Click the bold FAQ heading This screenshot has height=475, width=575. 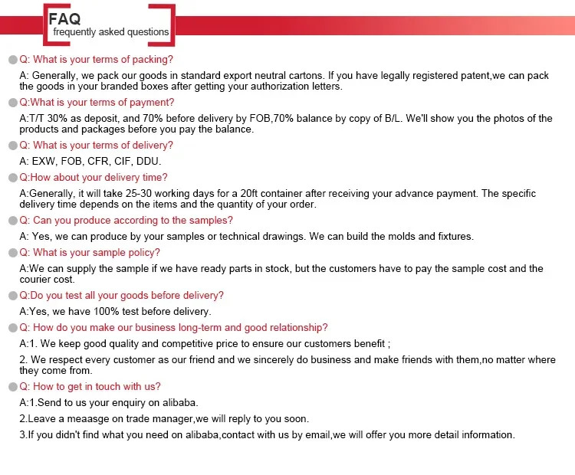tap(64, 18)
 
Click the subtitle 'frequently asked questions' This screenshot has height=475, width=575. tap(110, 32)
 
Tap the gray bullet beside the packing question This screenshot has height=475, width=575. tap(12, 60)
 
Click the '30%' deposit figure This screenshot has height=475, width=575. tap(64, 119)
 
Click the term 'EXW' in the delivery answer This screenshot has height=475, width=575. tap(44, 162)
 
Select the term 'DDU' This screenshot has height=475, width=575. tap(148, 162)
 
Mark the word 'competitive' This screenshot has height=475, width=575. tap(217, 344)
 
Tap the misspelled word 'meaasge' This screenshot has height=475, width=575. tap(90, 419)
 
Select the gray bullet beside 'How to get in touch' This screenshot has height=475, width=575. tap(12, 387)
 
